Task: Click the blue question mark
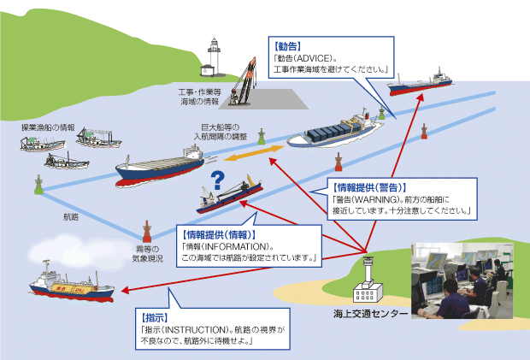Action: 217,180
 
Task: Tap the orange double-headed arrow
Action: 253,154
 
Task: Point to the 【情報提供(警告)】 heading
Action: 368,186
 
